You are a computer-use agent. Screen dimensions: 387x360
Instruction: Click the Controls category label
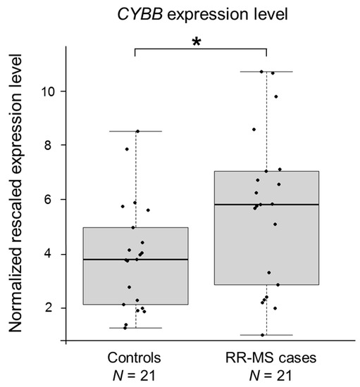[x=135, y=358]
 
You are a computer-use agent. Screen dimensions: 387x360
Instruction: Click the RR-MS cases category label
[x=266, y=358]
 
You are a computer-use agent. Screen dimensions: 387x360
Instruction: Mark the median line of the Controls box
[x=135, y=259]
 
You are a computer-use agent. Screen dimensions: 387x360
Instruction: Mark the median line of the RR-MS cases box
[x=266, y=204]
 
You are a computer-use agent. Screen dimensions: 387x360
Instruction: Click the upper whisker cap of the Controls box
[x=135, y=131]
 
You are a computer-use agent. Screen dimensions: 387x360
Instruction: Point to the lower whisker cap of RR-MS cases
[x=266, y=335]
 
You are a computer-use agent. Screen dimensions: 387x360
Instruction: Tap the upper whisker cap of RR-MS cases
[x=266, y=72]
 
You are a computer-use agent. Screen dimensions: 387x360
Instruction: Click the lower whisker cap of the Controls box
[x=135, y=328]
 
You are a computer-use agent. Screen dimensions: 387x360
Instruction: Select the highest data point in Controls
[x=137, y=132]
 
